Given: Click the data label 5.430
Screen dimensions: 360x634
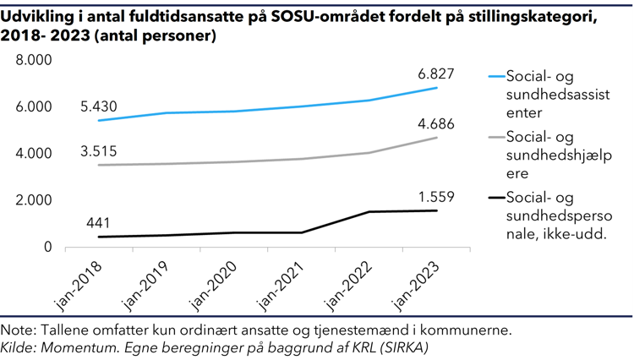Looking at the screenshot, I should point(99,107).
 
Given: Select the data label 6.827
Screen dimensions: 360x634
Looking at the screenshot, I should point(436,74).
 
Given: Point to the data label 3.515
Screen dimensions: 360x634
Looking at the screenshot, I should point(99,152).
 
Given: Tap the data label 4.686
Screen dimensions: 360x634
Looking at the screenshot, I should point(436,124).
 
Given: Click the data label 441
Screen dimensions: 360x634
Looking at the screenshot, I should point(100,223).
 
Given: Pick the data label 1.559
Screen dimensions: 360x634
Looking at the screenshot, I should point(436,197).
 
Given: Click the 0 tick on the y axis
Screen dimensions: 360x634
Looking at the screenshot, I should point(47,248).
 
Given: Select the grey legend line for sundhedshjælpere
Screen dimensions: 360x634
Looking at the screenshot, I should point(495,137).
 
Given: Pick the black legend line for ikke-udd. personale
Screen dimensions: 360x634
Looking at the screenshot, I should point(495,198).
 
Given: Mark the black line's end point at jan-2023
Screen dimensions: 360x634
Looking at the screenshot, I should point(436,210).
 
